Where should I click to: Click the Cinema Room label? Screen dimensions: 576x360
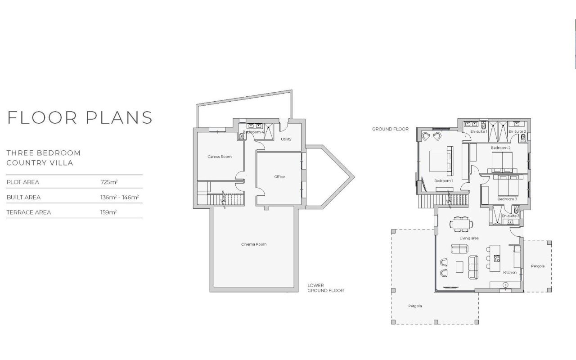tap(254, 244)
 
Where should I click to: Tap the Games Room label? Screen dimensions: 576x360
tap(220, 157)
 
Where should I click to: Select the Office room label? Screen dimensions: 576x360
tap(279, 177)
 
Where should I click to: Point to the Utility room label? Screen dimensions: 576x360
tap(286, 139)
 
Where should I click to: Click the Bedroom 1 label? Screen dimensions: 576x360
tap(444, 181)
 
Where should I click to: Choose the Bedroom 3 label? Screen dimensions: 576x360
tap(507, 199)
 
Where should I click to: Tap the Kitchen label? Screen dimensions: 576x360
tap(510, 273)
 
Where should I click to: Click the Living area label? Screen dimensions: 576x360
tap(469, 238)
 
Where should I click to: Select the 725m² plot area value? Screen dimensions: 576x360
tap(109, 182)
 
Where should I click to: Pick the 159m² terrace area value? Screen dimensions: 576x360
tap(108, 212)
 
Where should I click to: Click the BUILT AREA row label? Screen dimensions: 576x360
tap(23, 197)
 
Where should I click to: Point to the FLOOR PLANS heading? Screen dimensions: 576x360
tap(80, 118)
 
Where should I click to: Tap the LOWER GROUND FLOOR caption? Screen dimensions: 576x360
tap(325, 288)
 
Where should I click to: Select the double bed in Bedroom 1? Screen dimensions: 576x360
tap(440, 161)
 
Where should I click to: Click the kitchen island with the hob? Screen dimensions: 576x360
tap(495, 258)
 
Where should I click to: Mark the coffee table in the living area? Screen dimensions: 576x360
tap(459, 267)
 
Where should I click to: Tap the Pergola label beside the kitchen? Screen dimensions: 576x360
tap(538, 266)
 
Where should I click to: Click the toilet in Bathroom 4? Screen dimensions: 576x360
tap(242, 136)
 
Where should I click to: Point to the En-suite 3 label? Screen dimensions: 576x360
tap(511, 216)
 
